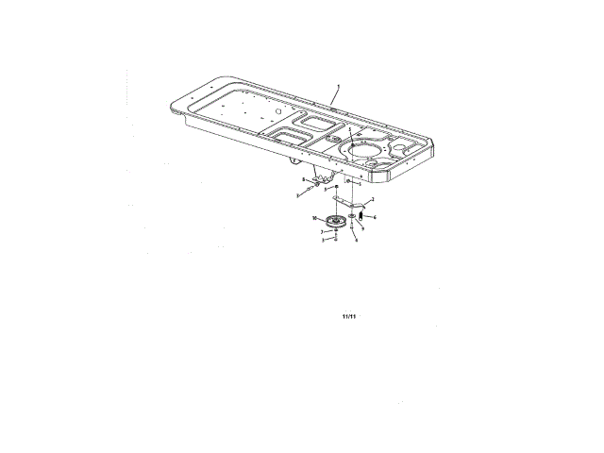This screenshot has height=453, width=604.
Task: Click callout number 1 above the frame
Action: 336,87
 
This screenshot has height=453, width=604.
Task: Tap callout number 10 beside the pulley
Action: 314,218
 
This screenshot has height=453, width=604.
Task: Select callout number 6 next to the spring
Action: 376,216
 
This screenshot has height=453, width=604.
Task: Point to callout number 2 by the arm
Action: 374,200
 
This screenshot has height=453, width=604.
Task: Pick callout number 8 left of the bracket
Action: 303,178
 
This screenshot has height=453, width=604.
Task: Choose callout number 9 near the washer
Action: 361,227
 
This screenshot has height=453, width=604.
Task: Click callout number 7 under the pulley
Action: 322,231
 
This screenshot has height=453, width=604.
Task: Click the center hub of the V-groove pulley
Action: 335,223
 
